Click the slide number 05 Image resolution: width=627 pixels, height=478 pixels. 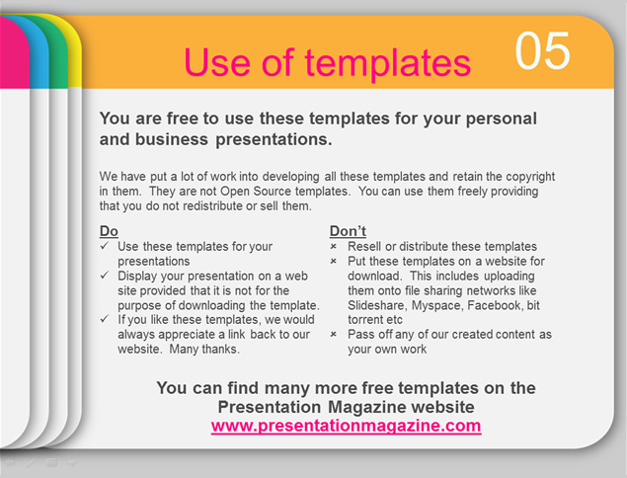[542, 50]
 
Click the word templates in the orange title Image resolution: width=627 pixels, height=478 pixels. [387, 62]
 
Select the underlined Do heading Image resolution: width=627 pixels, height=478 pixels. [109, 231]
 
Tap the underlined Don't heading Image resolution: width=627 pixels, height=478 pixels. [348, 231]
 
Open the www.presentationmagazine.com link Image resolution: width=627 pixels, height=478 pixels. [346, 426]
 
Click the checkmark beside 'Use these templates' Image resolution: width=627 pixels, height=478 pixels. [105, 246]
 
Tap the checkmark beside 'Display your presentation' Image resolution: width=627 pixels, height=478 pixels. [105, 276]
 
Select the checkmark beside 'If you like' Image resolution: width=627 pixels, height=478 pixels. [105, 319]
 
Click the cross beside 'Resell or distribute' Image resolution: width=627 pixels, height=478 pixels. [334, 247]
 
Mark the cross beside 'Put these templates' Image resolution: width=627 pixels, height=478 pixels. [334, 261]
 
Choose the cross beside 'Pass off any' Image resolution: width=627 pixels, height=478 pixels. [334, 334]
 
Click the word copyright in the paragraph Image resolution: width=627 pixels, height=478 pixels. [530, 177]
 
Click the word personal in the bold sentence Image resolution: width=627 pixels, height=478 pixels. [501, 119]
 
